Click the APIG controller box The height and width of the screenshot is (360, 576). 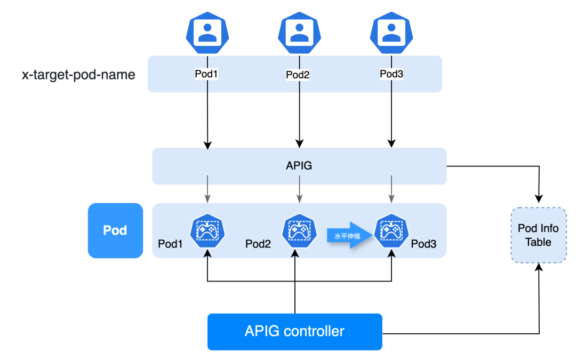point(294,331)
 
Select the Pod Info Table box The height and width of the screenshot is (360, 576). point(538,235)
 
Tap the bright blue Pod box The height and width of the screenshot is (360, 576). point(115,230)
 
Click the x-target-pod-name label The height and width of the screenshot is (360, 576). point(78,74)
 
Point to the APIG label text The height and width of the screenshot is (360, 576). point(299,166)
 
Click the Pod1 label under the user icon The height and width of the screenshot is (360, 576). point(206,74)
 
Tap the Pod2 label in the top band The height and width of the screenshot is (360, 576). point(298,75)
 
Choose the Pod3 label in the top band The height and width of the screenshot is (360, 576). point(391,74)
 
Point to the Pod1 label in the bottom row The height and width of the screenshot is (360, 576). point(171,244)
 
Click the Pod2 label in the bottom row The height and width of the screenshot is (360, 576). point(258,244)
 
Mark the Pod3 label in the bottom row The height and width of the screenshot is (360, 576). point(423,244)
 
